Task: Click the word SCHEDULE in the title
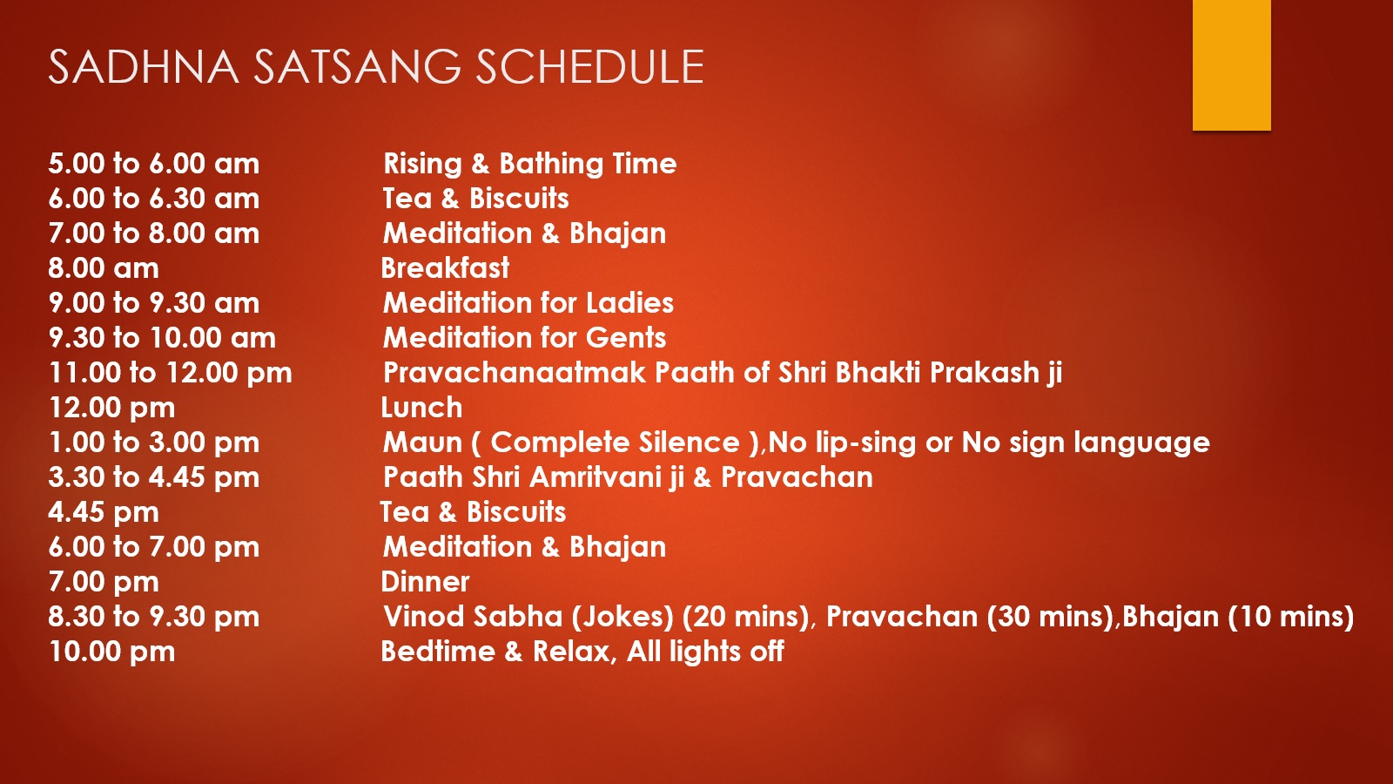pyautogui.click(x=589, y=66)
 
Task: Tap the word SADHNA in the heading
pyautogui.click(x=144, y=66)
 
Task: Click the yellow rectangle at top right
pyautogui.click(x=1231, y=64)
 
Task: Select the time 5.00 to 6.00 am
pyautogui.click(x=153, y=164)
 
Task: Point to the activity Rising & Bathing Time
pyautogui.click(x=530, y=164)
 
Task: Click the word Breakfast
pyautogui.click(x=445, y=268)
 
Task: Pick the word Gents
pyautogui.click(x=626, y=338)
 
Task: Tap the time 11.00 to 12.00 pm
pyautogui.click(x=170, y=374)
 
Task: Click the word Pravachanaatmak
pyautogui.click(x=515, y=373)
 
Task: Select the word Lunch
pyautogui.click(x=421, y=408)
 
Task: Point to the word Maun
pyautogui.click(x=423, y=443)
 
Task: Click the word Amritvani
pyautogui.click(x=608, y=477)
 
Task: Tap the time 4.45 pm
pyautogui.click(x=104, y=513)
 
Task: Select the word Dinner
pyautogui.click(x=425, y=582)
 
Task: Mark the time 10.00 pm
pyautogui.click(x=112, y=652)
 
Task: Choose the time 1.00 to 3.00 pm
pyautogui.click(x=153, y=443)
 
